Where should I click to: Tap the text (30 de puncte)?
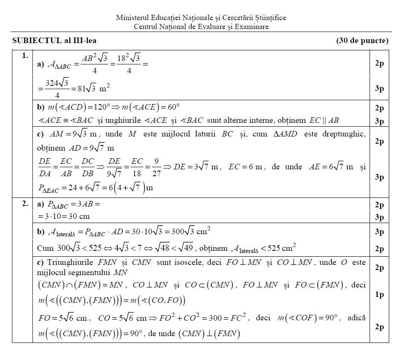pyautogui.click(x=362, y=41)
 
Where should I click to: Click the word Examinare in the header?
pyautogui.click(x=254, y=26)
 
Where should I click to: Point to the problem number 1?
pyautogui.click(x=25, y=55)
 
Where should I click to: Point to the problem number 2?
pyautogui.click(x=25, y=203)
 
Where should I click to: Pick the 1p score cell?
pyautogui.click(x=379, y=295)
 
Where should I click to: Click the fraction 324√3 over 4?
pyautogui.click(x=57, y=88)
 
